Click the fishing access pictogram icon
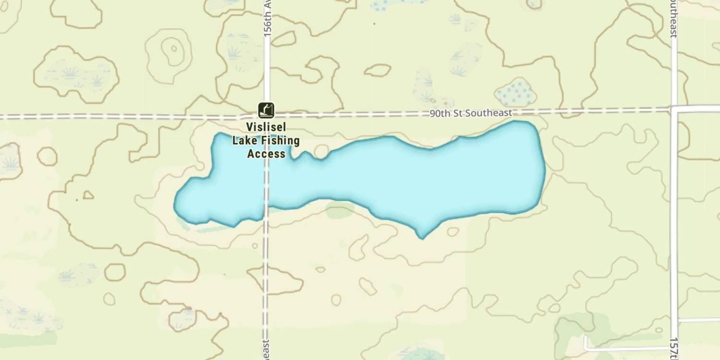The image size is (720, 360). (266, 110)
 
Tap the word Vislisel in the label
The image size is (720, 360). (265, 128)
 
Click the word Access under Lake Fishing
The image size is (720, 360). (266, 154)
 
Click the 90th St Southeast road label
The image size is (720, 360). (470, 113)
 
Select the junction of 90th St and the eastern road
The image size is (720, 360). (674, 109)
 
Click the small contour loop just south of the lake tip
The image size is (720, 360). (453, 232)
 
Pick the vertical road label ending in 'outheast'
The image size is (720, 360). (674, 19)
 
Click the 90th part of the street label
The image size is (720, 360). (438, 114)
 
